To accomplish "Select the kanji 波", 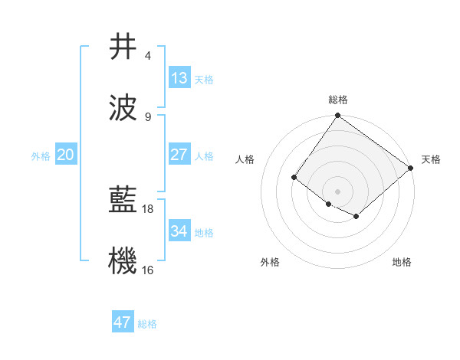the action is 123,106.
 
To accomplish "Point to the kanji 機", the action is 123,260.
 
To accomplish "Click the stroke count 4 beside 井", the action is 147,56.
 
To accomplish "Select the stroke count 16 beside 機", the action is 149,270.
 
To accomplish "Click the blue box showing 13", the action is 179,78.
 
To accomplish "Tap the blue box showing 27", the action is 179,154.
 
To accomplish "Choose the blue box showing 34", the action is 179,231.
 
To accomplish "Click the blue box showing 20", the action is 66,154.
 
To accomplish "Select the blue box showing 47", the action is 123,322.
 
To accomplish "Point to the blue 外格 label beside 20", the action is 41,155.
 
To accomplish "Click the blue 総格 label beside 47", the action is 147,324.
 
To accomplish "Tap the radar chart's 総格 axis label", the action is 338,100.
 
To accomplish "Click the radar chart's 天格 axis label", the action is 432,159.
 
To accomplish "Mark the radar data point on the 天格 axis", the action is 412,169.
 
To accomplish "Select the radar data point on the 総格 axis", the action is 338,116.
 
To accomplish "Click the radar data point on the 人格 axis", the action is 294,178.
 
